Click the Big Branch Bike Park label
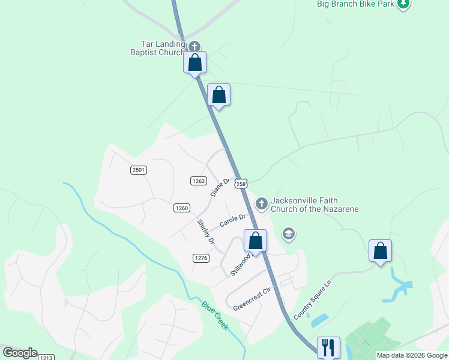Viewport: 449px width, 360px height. click(x=356, y=4)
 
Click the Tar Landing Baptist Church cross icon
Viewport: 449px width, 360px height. click(x=194, y=47)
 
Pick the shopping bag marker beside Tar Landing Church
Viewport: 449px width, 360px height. click(x=195, y=62)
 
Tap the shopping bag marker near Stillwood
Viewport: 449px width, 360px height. click(x=256, y=241)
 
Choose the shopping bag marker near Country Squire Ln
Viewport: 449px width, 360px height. click(x=380, y=251)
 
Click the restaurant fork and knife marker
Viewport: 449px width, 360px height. click(x=328, y=347)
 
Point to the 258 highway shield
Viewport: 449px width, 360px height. click(x=241, y=184)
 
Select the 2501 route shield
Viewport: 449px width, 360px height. click(x=139, y=170)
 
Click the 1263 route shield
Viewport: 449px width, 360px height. click(x=199, y=181)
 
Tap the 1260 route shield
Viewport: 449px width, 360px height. click(x=182, y=208)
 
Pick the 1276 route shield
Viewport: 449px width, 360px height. click(x=200, y=258)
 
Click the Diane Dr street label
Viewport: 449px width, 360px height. click(x=220, y=187)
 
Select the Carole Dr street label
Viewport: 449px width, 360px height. click(x=233, y=220)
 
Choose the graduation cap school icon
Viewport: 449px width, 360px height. click(x=289, y=234)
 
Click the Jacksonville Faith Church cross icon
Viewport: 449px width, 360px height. click(x=261, y=204)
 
